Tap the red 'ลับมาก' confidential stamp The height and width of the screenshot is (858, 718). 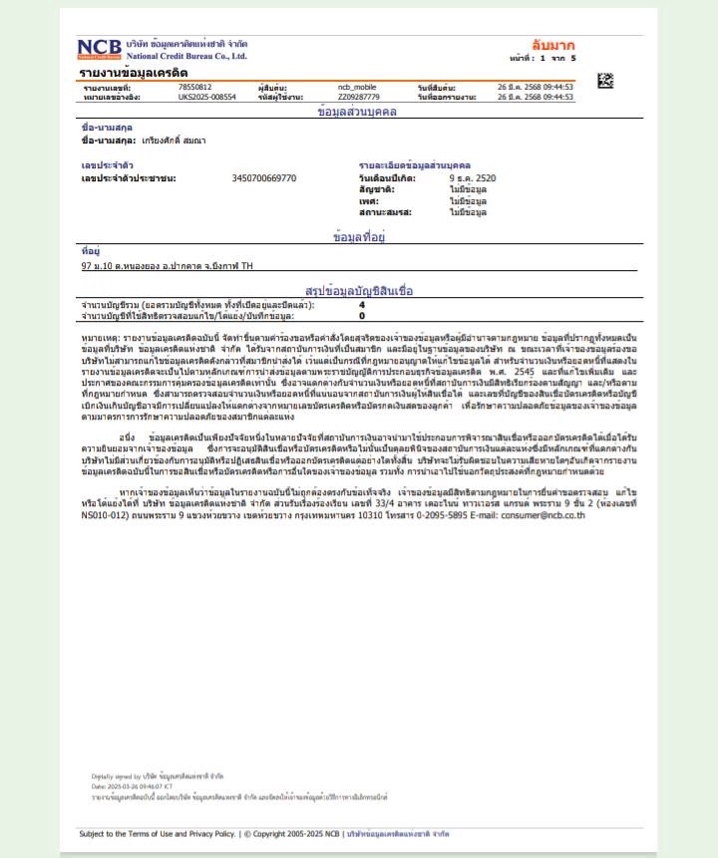coord(553,46)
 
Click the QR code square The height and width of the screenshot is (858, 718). coord(605,81)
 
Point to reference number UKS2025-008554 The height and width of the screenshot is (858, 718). coord(206,98)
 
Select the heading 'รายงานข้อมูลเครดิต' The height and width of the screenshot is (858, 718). coord(134,74)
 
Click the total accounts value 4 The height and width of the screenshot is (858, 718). coord(362,304)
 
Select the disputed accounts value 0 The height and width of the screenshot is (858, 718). coord(362,315)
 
